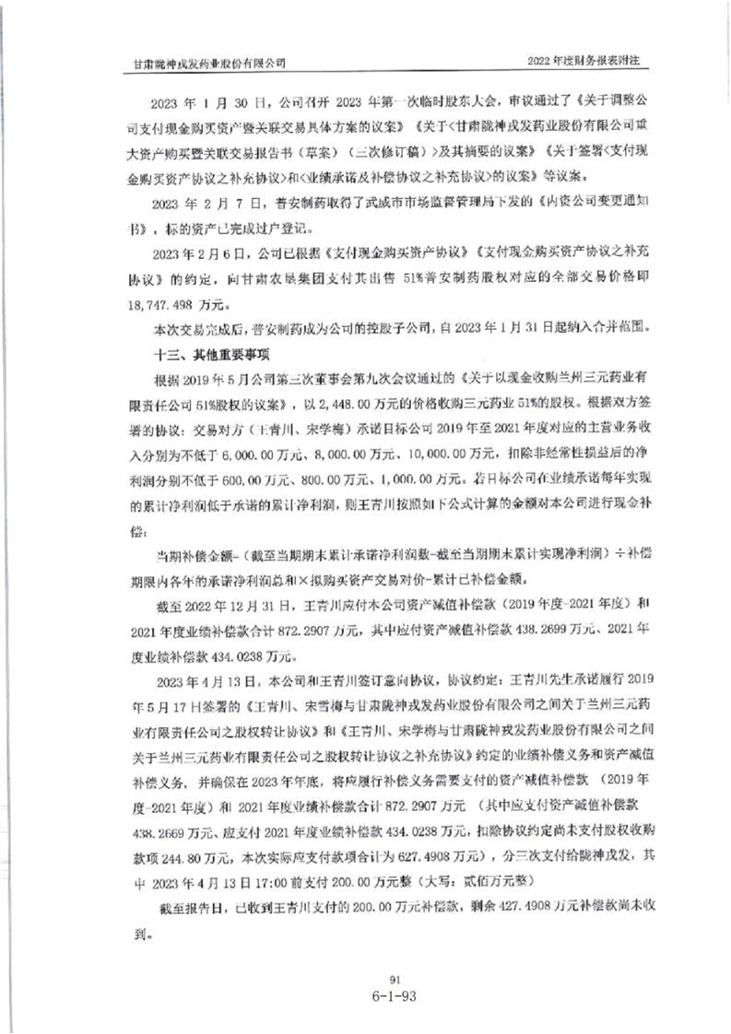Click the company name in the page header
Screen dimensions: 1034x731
pyautogui.click(x=208, y=63)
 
